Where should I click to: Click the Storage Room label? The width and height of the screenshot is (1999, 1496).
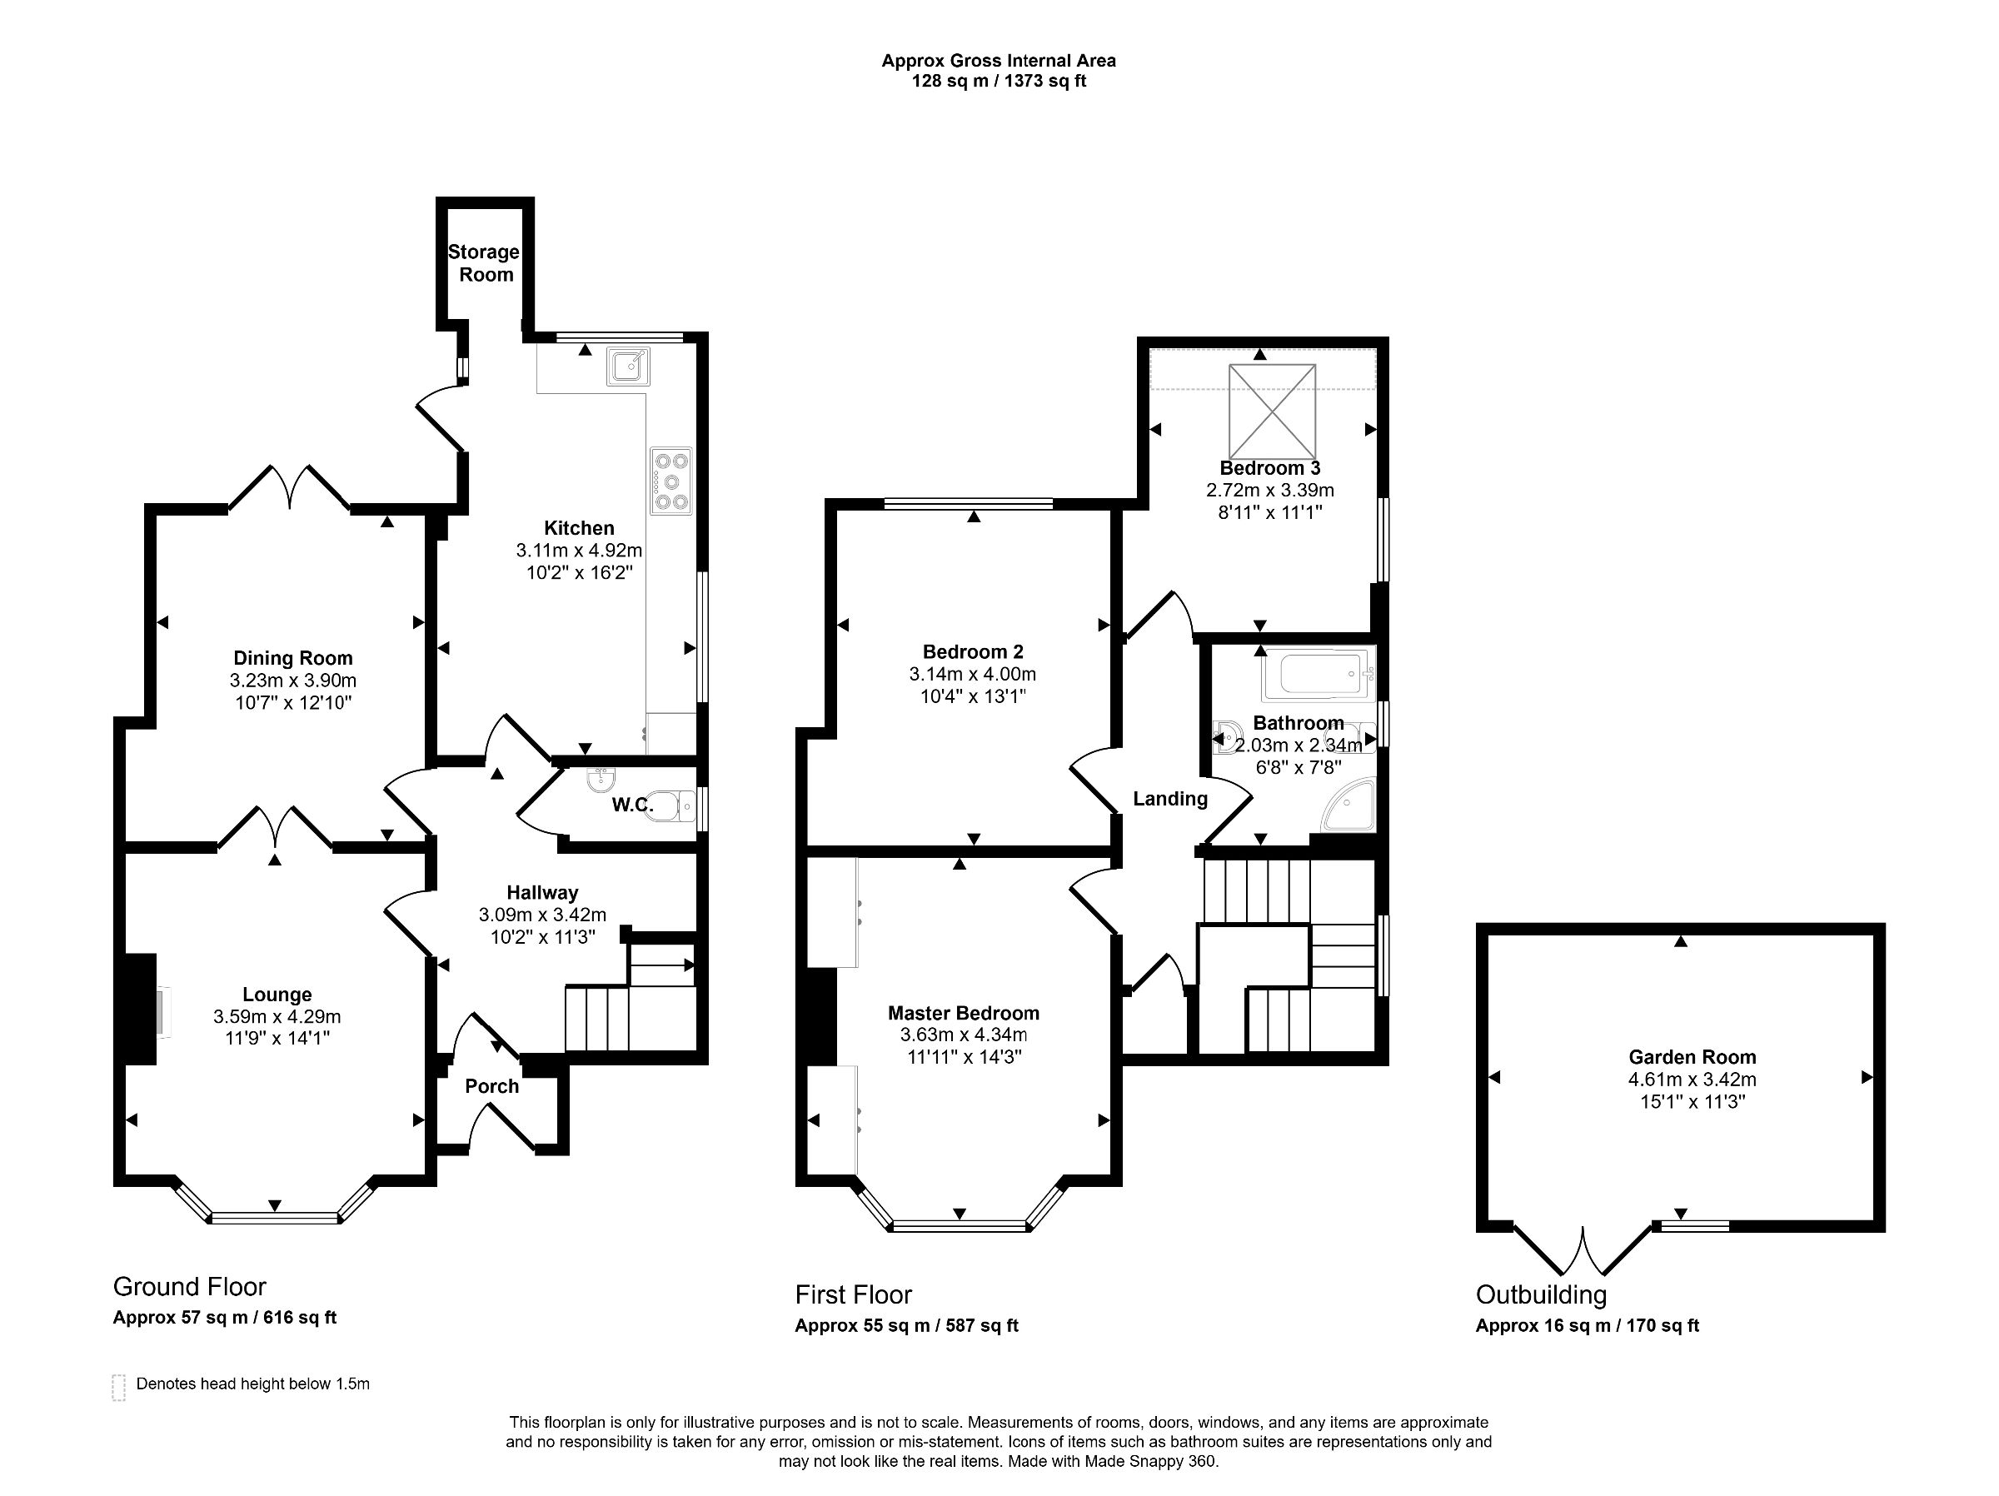click(485, 263)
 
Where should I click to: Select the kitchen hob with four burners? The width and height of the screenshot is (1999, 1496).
click(670, 481)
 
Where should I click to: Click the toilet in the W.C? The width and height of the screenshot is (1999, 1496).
click(673, 805)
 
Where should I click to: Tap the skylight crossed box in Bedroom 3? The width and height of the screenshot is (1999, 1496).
click(1272, 411)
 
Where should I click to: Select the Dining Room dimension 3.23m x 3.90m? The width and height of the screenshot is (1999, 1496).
click(293, 681)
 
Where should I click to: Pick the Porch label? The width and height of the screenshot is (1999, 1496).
click(491, 1086)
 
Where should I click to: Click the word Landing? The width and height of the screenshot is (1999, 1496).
click(1170, 799)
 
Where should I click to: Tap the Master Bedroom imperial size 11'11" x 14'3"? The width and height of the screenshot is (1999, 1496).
click(964, 1057)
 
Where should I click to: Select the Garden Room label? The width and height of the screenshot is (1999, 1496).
click(1692, 1057)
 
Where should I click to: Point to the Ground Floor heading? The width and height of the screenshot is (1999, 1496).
click(190, 1286)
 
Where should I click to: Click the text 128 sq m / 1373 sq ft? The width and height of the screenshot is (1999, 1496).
click(999, 82)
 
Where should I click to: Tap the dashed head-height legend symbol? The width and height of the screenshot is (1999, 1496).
click(118, 1388)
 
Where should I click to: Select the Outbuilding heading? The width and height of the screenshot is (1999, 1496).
click(1541, 1294)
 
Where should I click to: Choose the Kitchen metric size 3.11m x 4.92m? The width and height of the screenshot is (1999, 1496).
click(578, 550)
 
